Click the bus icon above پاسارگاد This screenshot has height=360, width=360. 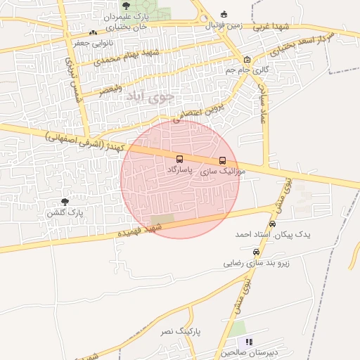(x=179, y=160)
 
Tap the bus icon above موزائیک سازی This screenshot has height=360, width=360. (x=223, y=160)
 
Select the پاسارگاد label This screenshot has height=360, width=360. (x=181, y=170)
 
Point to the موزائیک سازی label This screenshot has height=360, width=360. (x=223, y=171)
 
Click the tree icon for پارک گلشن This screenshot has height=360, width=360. (x=65, y=202)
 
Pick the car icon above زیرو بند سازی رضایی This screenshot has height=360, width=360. (x=256, y=252)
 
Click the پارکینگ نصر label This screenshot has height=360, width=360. (x=191, y=329)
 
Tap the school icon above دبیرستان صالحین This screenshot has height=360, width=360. (x=248, y=342)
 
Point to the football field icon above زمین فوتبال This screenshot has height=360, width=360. (x=224, y=14)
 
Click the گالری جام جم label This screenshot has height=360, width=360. (x=247, y=70)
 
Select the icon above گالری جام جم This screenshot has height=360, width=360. (x=247, y=60)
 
